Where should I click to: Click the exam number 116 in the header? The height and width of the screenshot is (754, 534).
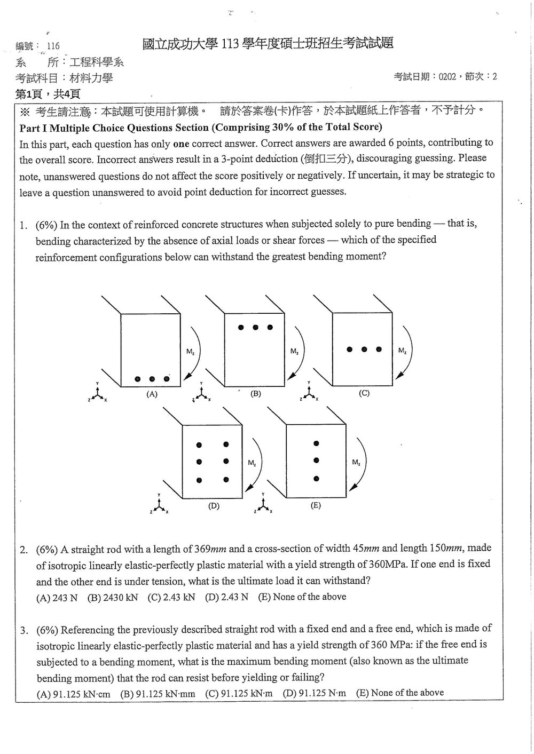tap(53, 46)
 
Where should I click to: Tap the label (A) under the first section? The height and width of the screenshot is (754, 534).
tap(152, 394)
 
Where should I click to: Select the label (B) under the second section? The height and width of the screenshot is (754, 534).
tap(256, 393)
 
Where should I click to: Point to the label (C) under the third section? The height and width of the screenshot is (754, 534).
tap(364, 393)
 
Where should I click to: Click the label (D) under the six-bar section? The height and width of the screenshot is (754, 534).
tap(214, 505)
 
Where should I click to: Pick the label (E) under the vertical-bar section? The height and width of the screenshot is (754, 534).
tap(316, 505)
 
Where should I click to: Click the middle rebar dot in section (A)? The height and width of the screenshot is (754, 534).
tap(152, 379)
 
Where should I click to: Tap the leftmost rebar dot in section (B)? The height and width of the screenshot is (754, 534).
tap(240, 327)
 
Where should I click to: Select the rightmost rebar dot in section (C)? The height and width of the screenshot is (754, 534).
tap(379, 350)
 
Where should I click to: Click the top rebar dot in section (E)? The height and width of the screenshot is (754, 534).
tap(316, 443)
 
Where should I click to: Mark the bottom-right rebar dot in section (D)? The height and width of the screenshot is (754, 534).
tap(226, 480)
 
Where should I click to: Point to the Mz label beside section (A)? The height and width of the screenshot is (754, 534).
tap(190, 352)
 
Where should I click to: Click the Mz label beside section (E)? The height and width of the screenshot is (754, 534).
tap(356, 462)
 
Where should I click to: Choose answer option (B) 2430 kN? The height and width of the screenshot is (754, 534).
tap(113, 598)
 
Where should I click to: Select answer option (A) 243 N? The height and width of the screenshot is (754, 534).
tap(57, 598)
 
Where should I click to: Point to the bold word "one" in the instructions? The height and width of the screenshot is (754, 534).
tap(181, 144)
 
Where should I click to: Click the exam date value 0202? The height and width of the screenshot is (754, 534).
tap(447, 77)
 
